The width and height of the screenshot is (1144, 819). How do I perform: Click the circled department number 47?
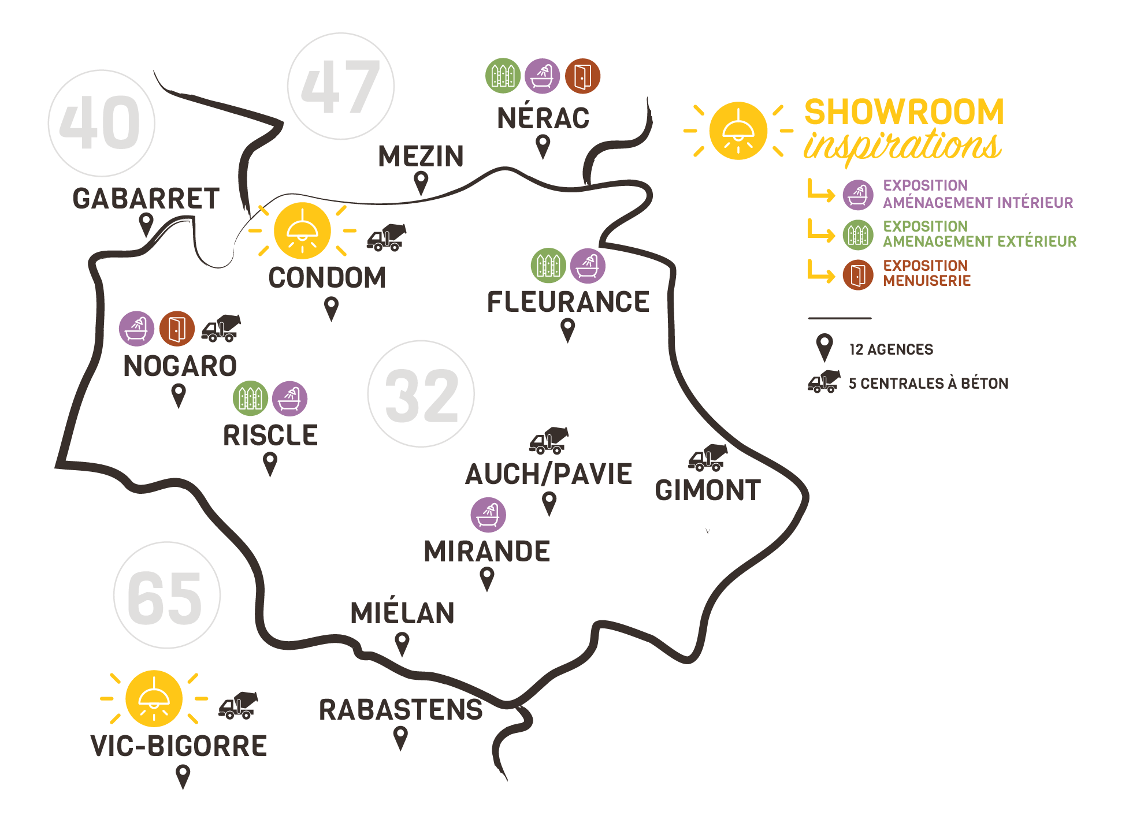point(341,87)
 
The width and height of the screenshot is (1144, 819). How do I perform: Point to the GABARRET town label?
point(146,199)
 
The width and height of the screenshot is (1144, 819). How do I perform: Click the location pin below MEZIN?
point(422,183)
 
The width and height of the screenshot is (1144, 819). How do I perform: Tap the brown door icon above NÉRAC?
point(582,76)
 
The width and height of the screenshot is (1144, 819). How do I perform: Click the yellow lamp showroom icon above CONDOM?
point(302,230)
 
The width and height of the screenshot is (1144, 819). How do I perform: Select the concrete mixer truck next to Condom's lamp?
point(387,237)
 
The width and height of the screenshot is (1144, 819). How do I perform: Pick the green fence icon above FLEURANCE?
point(548,266)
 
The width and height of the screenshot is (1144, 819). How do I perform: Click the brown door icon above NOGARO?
point(177,329)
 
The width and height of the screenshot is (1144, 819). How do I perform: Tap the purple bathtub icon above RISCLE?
point(289,399)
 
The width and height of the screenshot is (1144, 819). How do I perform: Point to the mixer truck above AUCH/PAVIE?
point(549,441)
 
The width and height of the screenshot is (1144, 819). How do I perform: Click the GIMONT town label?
point(708,490)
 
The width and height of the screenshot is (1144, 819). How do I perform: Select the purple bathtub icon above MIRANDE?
point(488,515)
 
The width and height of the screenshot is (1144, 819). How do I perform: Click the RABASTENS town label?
point(401,710)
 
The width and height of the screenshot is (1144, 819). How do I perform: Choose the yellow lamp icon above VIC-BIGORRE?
point(154,698)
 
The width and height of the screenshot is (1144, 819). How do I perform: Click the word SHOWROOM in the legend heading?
point(904,111)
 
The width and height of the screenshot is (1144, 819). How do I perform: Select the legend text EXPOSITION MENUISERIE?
point(926,273)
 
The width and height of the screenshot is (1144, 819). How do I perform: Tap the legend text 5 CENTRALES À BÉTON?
point(928,384)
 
